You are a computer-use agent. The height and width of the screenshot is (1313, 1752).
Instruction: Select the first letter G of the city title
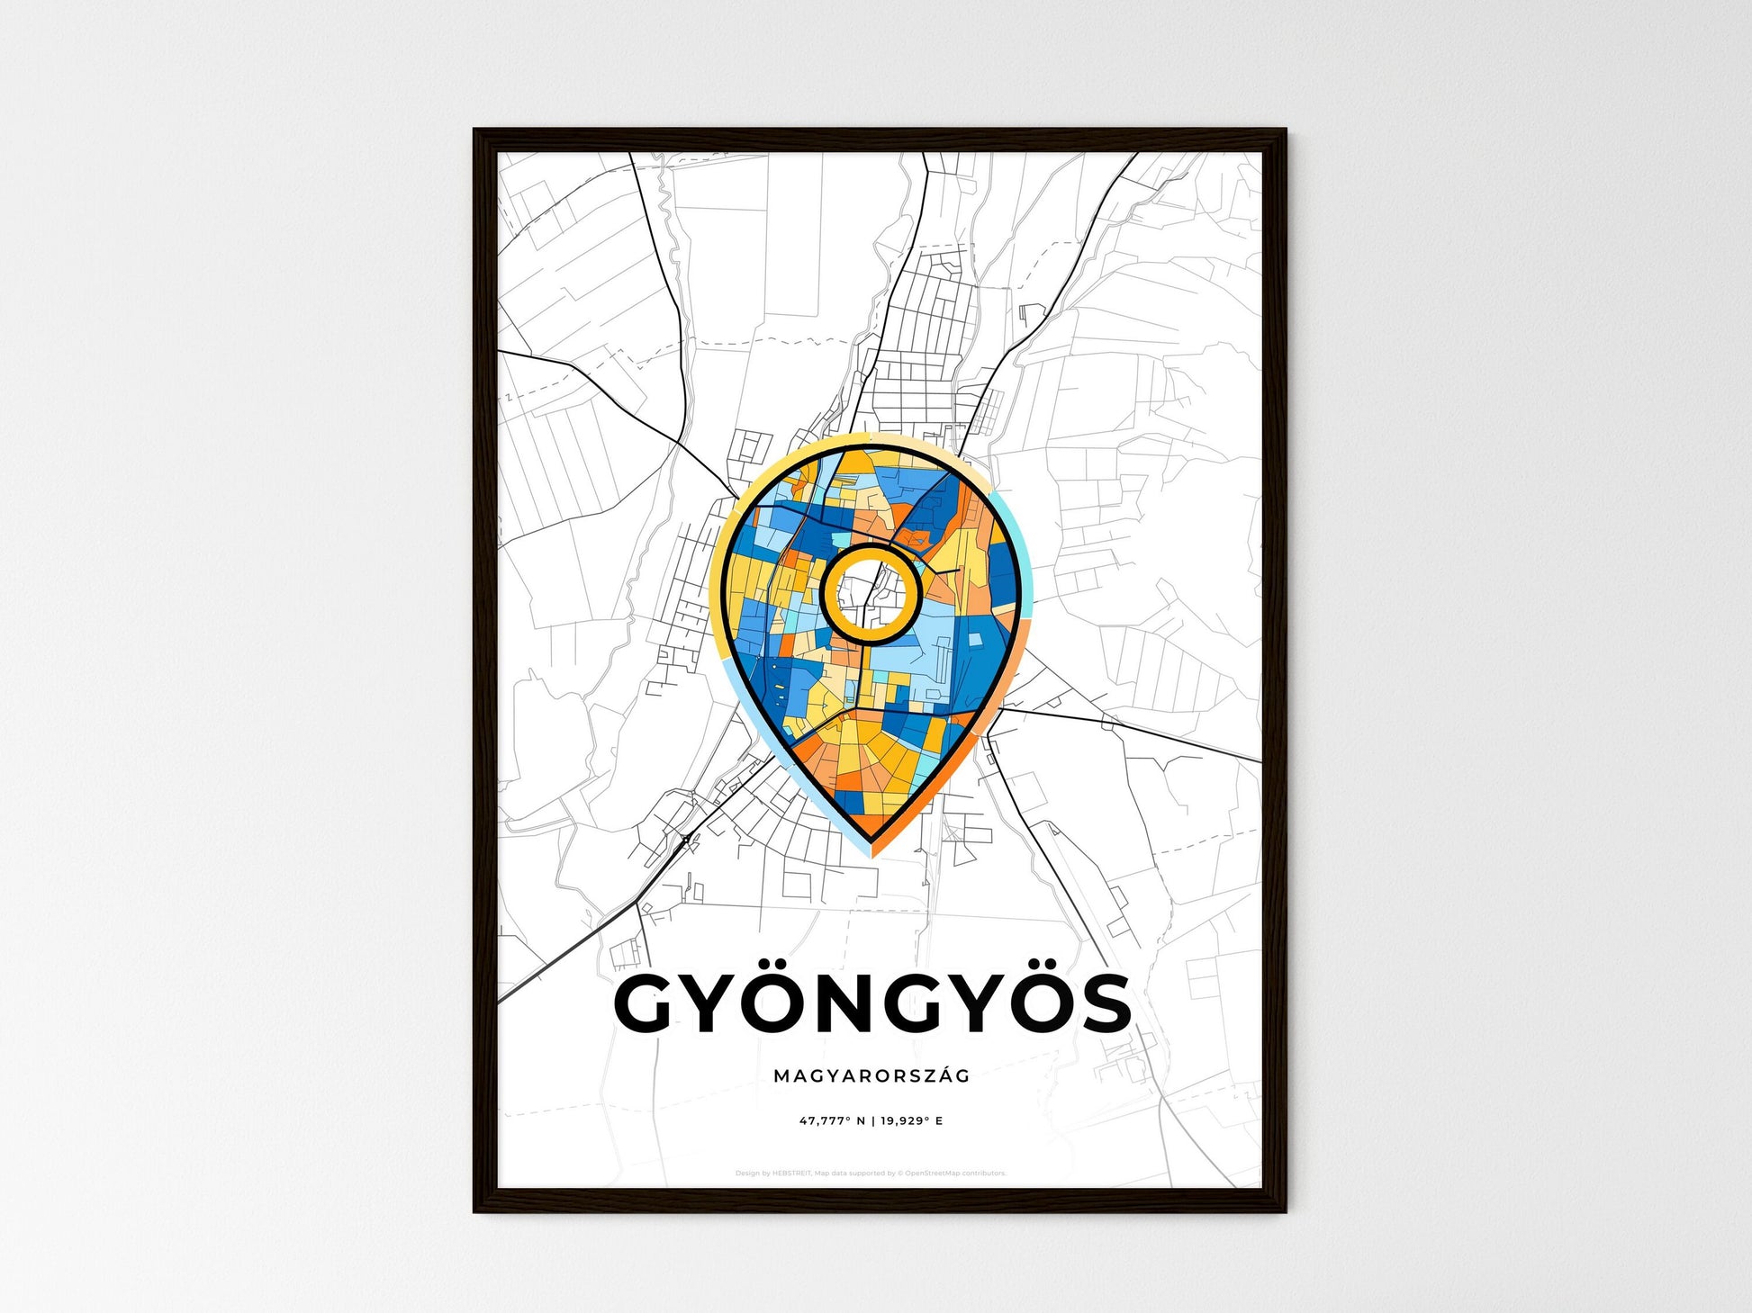pyautogui.click(x=647, y=1004)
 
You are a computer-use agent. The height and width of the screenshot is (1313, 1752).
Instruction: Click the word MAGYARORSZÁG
pyautogui.click(x=871, y=1075)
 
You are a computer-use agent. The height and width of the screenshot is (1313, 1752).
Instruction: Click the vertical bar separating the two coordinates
pyautogui.click(x=871, y=1121)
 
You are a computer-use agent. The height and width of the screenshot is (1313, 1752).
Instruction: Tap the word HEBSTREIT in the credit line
pyautogui.click(x=793, y=1174)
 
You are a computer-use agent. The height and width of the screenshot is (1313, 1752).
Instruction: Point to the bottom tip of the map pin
pyautogui.click(x=871, y=846)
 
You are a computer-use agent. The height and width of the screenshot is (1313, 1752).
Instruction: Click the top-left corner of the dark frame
pyautogui.click(x=476, y=131)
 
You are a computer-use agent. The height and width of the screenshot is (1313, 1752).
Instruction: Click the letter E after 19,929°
pyautogui.click(x=939, y=1121)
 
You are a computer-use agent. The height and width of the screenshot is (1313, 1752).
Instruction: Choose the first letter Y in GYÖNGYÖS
pyautogui.click(x=709, y=1004)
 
